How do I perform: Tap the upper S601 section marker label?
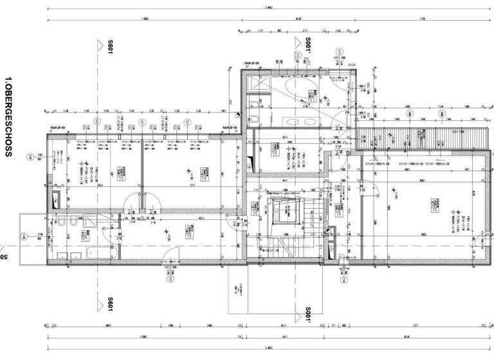pos(110,46)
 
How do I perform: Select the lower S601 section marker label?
pos(110,303)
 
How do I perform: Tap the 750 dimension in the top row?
pos(421,19)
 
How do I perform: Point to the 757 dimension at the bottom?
pos(415,326)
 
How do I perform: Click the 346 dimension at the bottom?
pos(210,326)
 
